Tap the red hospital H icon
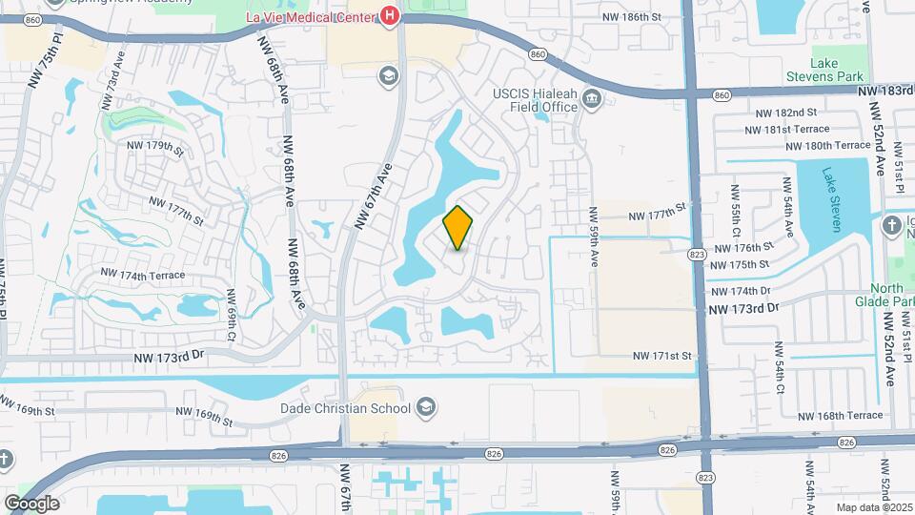click(x=389, y=15)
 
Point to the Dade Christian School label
click(x=345, y=409)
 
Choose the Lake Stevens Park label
click(x=824, y=70)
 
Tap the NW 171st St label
click(x=661, y=356)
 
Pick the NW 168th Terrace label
click(x=840, y=416)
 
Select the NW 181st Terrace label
click(x=787, y=129)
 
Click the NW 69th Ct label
click(x=231, y=317)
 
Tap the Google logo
click(x=31, y=504)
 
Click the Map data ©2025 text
click(x=873, y=507)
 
